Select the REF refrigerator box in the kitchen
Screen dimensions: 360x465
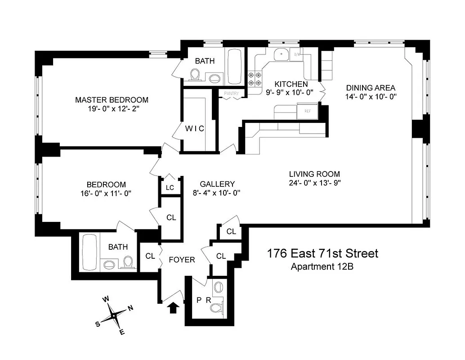[308, 111]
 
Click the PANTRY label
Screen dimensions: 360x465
[232, 94]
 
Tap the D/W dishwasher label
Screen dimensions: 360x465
[297, 54]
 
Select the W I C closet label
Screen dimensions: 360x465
[194, 129]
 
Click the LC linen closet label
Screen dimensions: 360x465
[170, 188]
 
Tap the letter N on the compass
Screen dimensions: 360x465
[130, 308]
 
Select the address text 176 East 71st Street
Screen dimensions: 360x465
[322, 254]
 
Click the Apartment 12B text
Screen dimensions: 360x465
[322, 266]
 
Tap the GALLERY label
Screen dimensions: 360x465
[217, 184]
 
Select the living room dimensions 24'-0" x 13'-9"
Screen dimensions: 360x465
[314, 183]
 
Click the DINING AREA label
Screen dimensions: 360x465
[370, 88]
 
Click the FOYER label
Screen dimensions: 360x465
[182, 260]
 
